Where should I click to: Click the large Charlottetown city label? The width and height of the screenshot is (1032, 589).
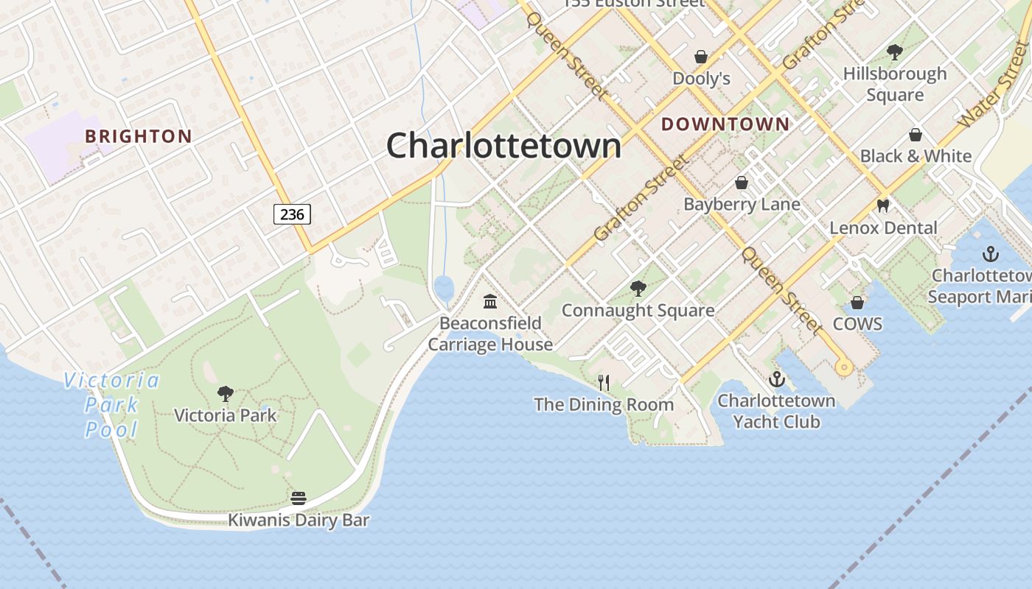(x=503, y=146)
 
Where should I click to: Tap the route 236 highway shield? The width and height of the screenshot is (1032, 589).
(x=292, y=214)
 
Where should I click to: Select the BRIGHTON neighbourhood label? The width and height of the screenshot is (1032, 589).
(x=139, y=136)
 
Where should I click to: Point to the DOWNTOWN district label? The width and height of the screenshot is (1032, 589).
(x=725, y=124)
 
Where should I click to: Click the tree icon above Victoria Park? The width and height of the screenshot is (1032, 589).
(x=226, y=394)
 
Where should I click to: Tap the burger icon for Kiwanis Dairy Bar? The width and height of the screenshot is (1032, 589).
(x=299, y=498)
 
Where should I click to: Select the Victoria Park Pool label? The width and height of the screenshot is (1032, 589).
(x=111, y=405)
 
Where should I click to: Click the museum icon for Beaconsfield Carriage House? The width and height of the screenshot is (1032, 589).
(x=490, y=301)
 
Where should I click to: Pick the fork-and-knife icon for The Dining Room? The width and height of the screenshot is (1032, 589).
(x=604, y=382)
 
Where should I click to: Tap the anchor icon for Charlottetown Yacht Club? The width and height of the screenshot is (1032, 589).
(x=776, y=380)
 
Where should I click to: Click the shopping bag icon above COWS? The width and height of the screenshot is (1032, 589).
(x=857, y=303)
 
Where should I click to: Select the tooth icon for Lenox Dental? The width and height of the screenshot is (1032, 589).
(x=883, y=205)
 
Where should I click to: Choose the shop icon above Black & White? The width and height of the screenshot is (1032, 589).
(x=916, y=135)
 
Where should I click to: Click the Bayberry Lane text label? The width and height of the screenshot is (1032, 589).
(x=742, y=204)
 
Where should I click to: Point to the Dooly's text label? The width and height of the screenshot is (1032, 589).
(x=701, y=78)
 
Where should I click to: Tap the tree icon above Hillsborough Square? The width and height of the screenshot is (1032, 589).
(x=895, y=52)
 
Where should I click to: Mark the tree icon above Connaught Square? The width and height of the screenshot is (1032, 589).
(x=638, y=289)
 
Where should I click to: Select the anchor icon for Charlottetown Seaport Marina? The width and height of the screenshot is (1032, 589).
(x=991, y=255)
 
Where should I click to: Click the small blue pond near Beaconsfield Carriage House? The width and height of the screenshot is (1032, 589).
(x=444, y=288)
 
